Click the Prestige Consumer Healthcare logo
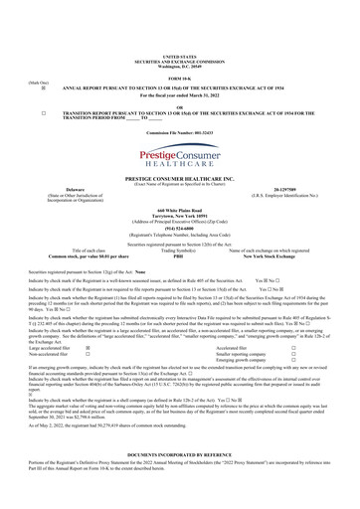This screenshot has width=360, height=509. click(180, 154)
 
